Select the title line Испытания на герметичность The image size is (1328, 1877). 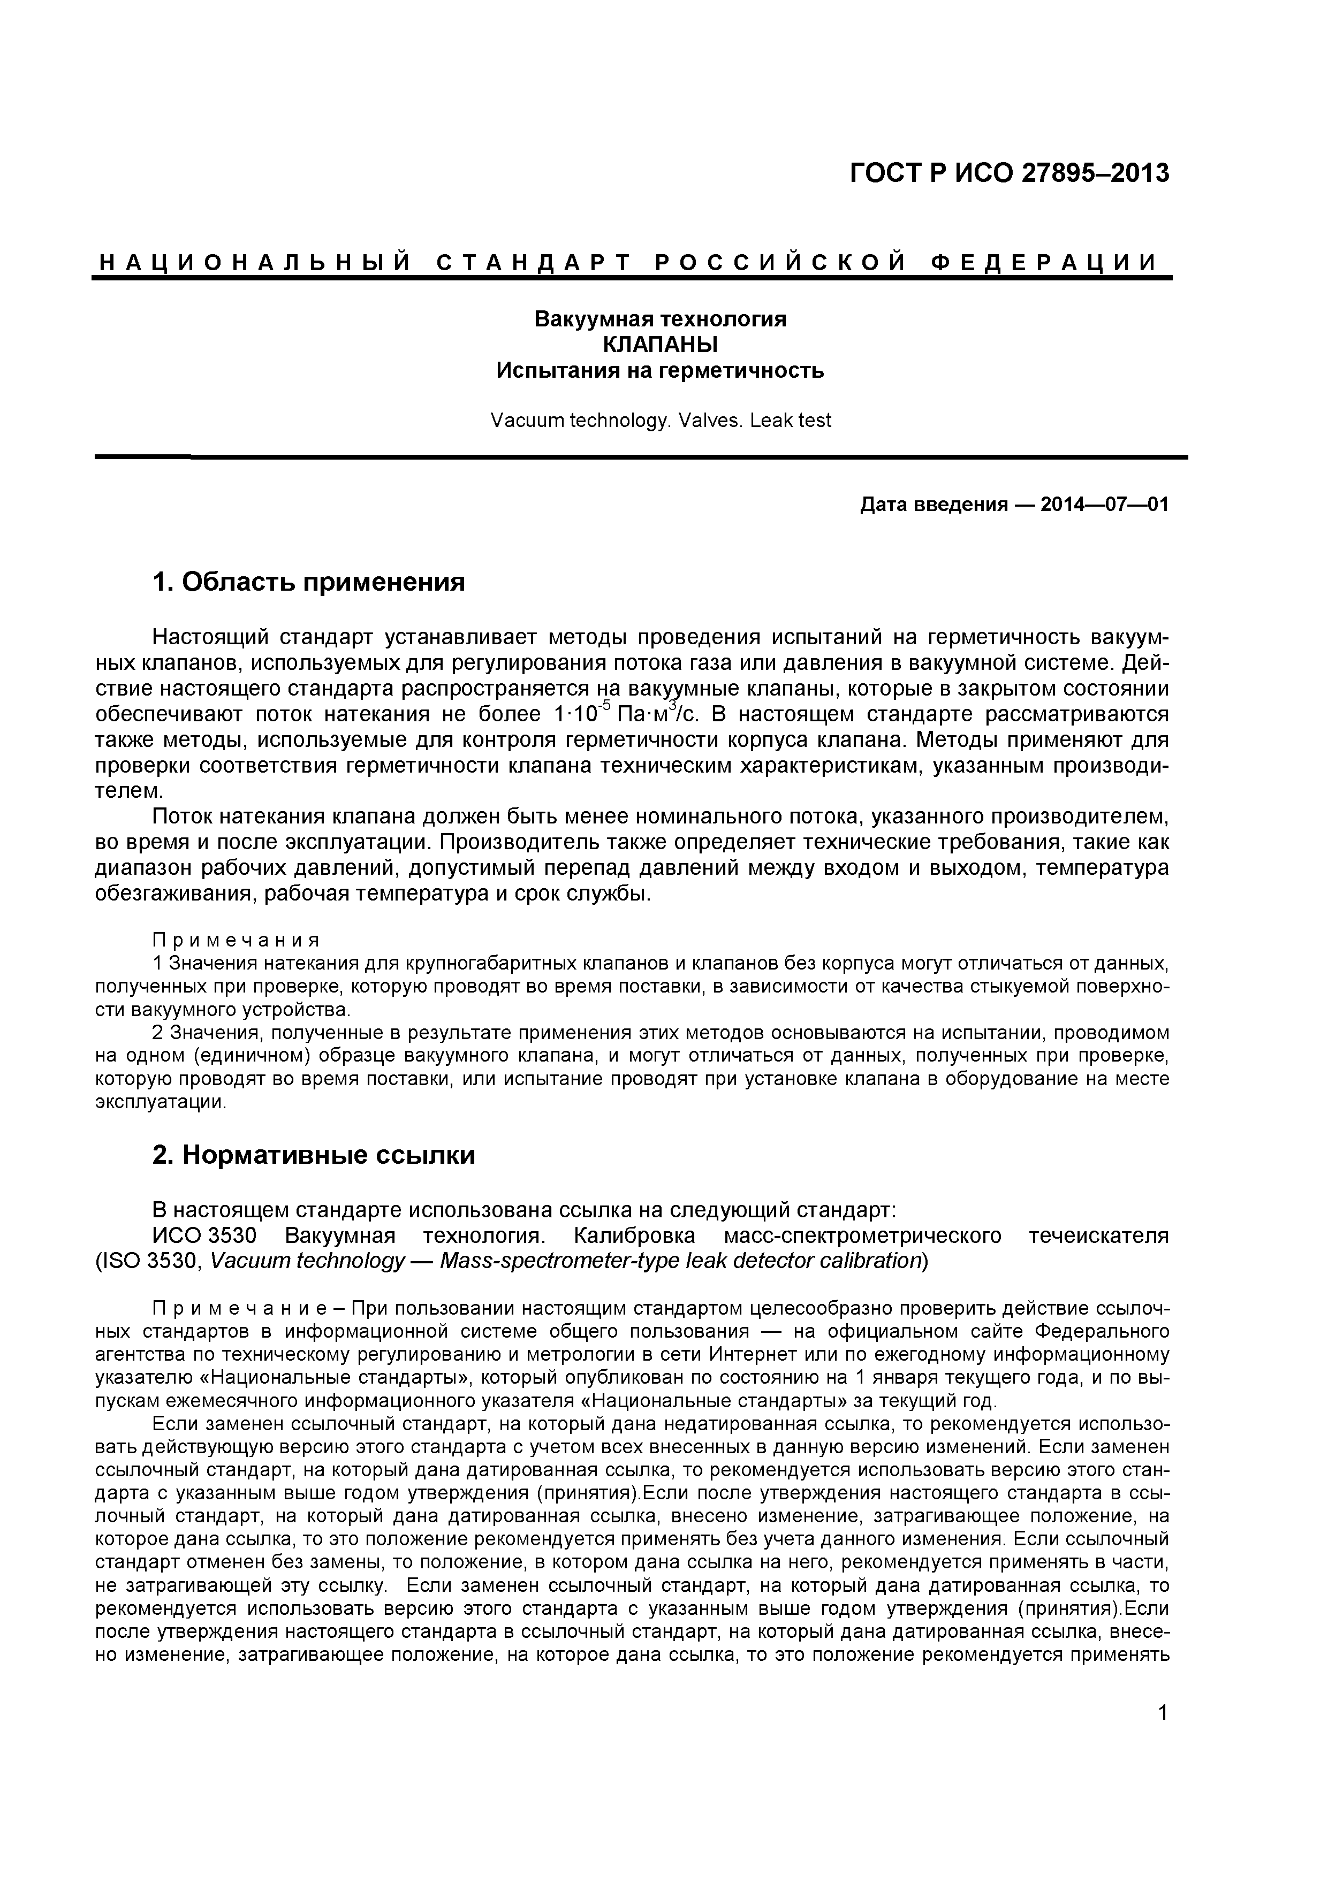[x=660, y=371]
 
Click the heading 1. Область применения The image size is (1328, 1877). [x=308, y=582]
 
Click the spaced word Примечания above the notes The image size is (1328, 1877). [x=237, y=940]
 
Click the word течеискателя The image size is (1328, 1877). [x=1098, y=1235]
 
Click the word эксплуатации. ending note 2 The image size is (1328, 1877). [x=160, y=1102]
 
